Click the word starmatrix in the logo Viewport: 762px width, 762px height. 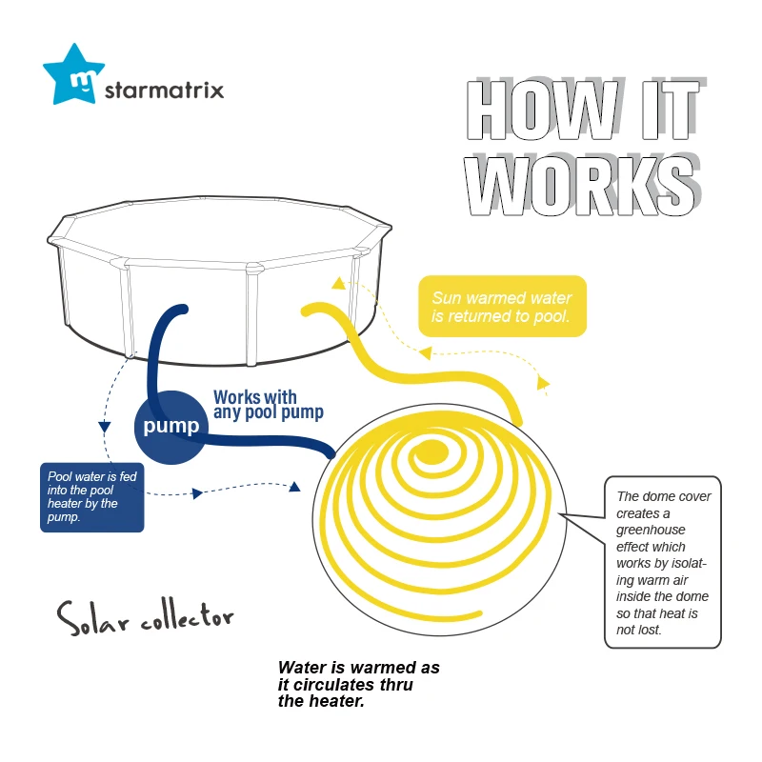point(164,90)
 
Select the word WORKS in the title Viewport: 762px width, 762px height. point(582,185)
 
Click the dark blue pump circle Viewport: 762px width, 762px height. point(171,427)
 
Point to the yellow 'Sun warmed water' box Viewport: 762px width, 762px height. point(503,306)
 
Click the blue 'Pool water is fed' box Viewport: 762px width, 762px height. point(91,497)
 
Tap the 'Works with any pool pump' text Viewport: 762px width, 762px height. point(269,404)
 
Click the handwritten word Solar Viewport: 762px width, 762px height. point(92,617)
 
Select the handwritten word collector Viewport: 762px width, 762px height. point(188,616)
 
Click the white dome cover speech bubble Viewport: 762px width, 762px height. point(662,562)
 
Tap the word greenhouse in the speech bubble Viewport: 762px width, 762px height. point(651,530)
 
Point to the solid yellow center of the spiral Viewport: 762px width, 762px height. point(431,451)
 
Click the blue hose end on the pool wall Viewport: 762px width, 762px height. point(181,310)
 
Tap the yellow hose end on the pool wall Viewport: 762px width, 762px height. point(308,311)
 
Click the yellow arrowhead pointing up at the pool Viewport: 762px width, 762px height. point(339,283)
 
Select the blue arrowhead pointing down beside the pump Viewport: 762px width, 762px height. point(105,427)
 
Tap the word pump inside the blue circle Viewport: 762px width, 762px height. point(171,426)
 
